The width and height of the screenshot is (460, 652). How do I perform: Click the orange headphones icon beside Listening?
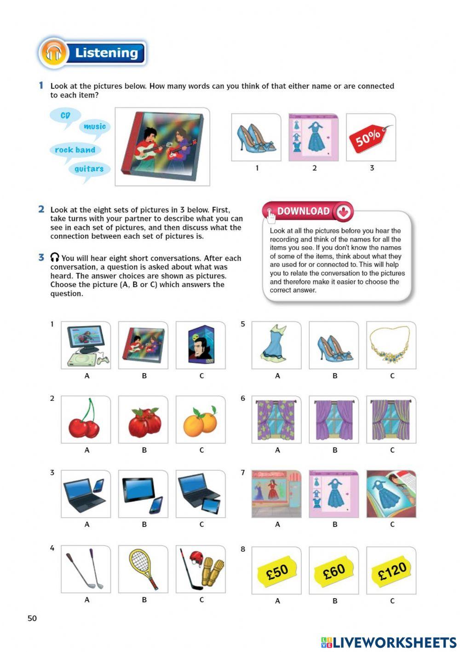pyautogui.click(x=54, y=53)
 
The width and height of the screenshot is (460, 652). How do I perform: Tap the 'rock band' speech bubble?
pyautogui.click(x=75, y=150)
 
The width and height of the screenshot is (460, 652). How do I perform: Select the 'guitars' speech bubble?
pyautogui.click(x=89, y=169)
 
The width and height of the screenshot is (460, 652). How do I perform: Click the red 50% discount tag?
pyautogui.click(x=370, y=137)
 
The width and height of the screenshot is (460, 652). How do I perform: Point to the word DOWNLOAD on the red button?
pyautogui.click(x=303, y=211)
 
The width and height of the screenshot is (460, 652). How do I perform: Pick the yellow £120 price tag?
pyautogui.click(x=391, y=571)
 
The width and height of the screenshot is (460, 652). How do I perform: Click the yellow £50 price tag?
pyautogui.click(x=276, y=572)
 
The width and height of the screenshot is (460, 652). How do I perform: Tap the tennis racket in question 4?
pyautogui.click(x=143, y=569)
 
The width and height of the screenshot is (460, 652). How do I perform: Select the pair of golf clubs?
pyautogui.click(x=86, y=569)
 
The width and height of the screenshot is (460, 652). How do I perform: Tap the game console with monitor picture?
pyautogui.click(x=86, y=346)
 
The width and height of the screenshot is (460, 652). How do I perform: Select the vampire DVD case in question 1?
pyautogui.click(x=201, y=345)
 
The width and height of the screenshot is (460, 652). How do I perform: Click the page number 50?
pyautogui.click(x=32, y=618)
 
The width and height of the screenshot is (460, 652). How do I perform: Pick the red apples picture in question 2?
pyautogui.click(x=144, y=421)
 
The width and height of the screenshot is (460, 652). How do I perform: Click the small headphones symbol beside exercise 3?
pyautogui.click(x=55, y=258)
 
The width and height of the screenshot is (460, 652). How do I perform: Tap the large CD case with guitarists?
pyautogui.click(x=162, y=147)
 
